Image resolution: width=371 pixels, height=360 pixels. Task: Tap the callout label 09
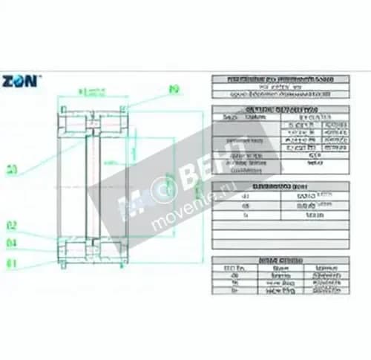(174, 90)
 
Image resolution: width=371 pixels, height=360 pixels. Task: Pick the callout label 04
(12, 243)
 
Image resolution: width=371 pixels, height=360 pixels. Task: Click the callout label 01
(12, 262)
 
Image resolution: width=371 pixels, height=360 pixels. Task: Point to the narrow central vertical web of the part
(91, 182)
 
